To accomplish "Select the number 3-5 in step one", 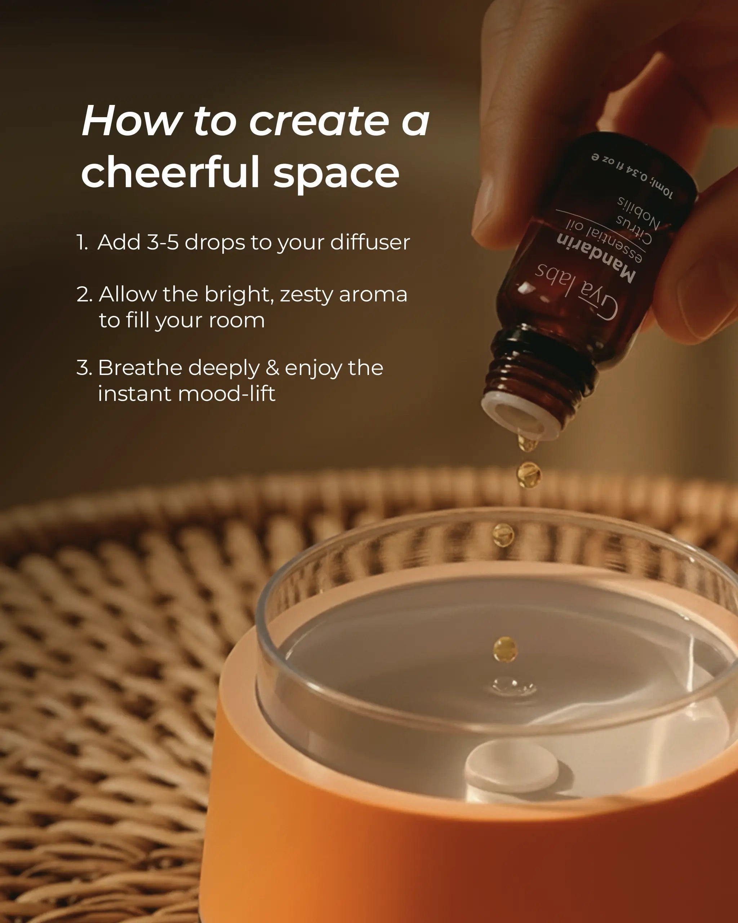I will point(163,242).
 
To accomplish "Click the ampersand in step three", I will point(272,368).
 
